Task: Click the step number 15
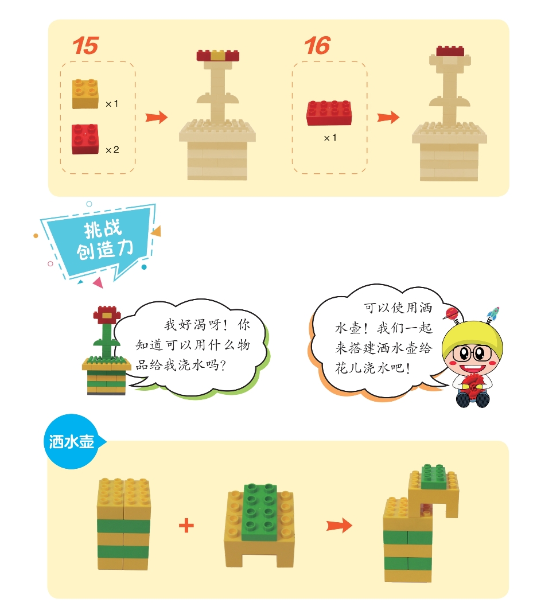85,45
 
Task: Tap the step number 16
317,45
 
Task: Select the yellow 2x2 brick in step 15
85,94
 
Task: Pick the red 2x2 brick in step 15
85,139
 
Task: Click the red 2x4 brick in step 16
329,113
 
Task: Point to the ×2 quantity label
112,150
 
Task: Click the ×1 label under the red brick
330,138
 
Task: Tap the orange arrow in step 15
156,117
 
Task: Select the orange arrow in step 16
388,117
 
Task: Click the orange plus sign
186,526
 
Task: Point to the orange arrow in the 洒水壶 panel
339,525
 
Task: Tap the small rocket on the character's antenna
493,314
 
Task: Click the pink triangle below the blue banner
98,282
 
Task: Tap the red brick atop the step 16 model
450,51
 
